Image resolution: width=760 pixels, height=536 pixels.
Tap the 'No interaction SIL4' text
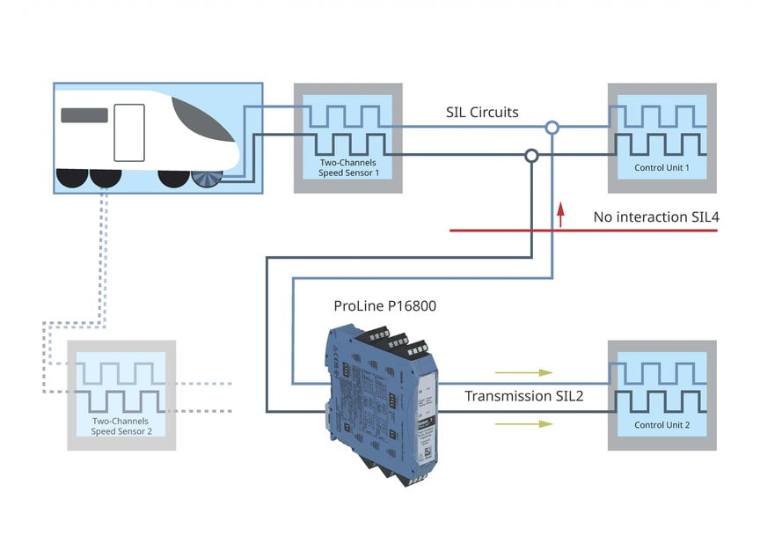pos(654,217)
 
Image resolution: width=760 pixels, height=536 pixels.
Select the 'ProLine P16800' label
pos(384,306)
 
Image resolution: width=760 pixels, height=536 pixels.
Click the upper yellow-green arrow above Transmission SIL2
pos(522,372)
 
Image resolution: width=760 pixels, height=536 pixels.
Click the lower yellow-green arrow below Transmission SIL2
pos(522,423)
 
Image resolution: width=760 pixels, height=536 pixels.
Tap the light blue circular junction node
pos(552,128)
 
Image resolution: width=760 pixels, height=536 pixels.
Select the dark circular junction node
pos(530,156)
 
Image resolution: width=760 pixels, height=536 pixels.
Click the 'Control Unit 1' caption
pos(661,167)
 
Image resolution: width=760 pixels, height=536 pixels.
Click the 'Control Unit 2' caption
pos(661,425)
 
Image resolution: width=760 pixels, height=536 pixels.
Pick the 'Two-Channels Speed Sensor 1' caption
pos(347,167)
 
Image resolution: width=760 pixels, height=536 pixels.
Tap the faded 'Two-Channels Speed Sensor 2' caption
pos(122,426)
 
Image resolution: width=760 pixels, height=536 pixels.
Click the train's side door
pos(129,132)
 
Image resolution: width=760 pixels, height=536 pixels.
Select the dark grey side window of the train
pos(84,114)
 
